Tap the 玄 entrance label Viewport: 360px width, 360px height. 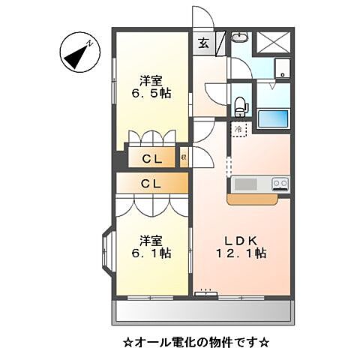click(x=204, y=43)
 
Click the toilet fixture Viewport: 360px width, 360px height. click(x=241, y=106)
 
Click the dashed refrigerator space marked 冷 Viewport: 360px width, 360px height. click(x=239, y=130)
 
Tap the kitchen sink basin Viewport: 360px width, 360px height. click(x=244, y=184)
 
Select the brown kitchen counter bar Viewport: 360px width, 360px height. click(x=257, y=199)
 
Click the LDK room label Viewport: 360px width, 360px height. click(x=242, y=240)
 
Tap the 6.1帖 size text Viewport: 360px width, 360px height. click(x=151, y=254)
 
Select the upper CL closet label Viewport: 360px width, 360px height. click(x=152, y=159)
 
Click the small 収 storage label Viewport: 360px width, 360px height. click(x=184, y=158)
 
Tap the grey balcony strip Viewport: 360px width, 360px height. click(x=202, y=310)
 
